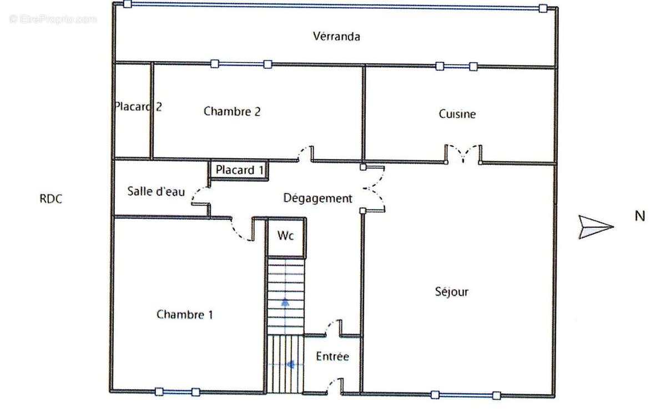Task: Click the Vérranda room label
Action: point(336,37)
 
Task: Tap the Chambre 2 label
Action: point(232,112)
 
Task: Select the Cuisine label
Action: point(457,114)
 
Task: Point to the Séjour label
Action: point(451,292)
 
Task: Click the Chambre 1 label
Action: point(185,314)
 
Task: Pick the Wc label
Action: point(285,235)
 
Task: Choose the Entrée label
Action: point(332,356)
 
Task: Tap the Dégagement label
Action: point(317,198)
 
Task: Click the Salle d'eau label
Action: point(156,191)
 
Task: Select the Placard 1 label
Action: point(239,170)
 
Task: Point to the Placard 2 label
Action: point(138,107)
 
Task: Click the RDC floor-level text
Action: point(51,199)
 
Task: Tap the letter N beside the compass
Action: point(640,216)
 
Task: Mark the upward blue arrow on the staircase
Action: point(285,303)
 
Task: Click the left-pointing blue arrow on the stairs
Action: point(290,364)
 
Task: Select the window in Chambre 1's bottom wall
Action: point(178,392)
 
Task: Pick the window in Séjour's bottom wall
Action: point(466,395)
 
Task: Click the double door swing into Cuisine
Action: point(463,153)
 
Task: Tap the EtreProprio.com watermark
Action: point(53,19)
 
